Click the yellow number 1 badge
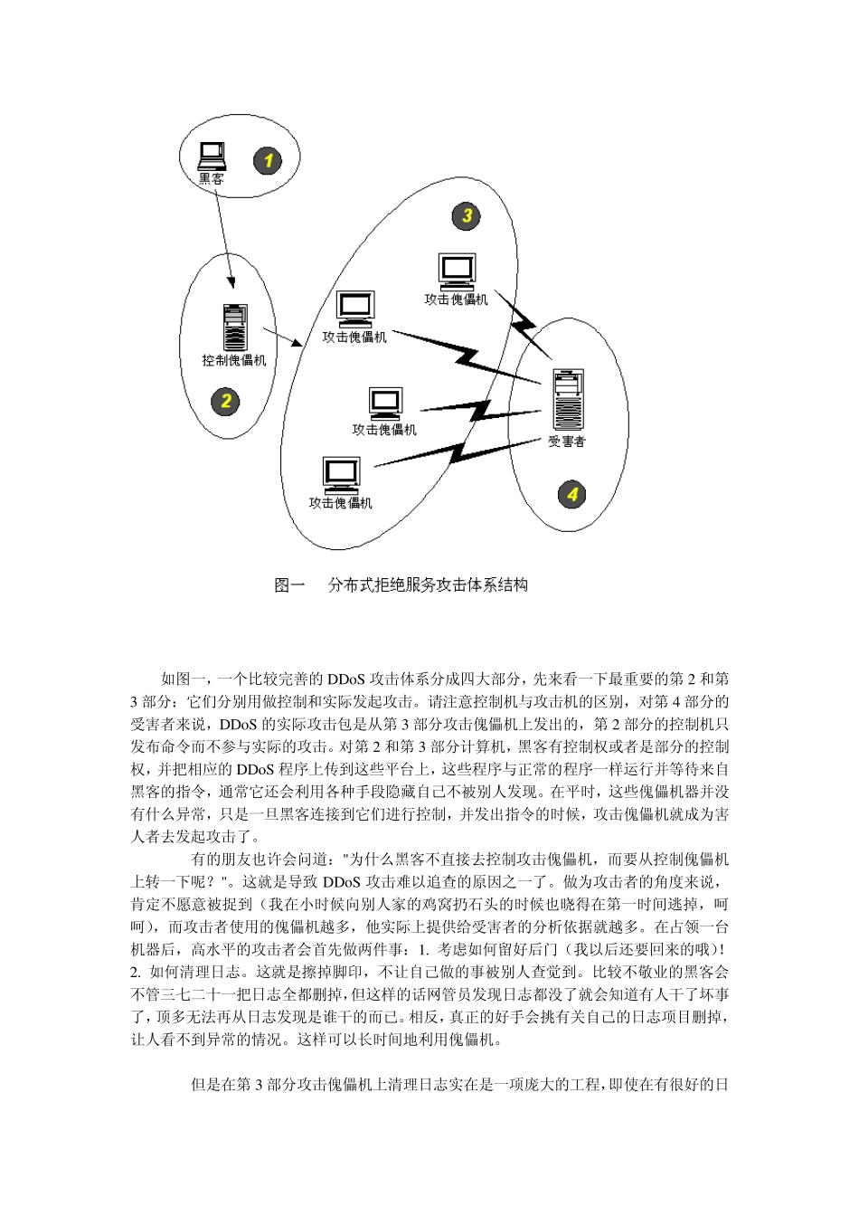point(267,161)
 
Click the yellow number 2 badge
point(226,401)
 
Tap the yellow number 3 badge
point(467,215)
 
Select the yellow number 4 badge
point(571,494)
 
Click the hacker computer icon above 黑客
point(212,156)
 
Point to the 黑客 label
point(212,179)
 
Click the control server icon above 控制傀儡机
point(234,327)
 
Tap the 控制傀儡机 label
point(234,360)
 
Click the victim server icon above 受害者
point(568,399)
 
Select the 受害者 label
point(567,442)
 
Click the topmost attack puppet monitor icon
point(457,271)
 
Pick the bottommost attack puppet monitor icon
point(342,475)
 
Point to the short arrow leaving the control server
point(283,337)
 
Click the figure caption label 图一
point(289,585)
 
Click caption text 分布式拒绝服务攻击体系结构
point(428,585)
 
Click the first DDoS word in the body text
point(345,679)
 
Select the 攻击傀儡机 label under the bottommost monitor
point(341,503)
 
